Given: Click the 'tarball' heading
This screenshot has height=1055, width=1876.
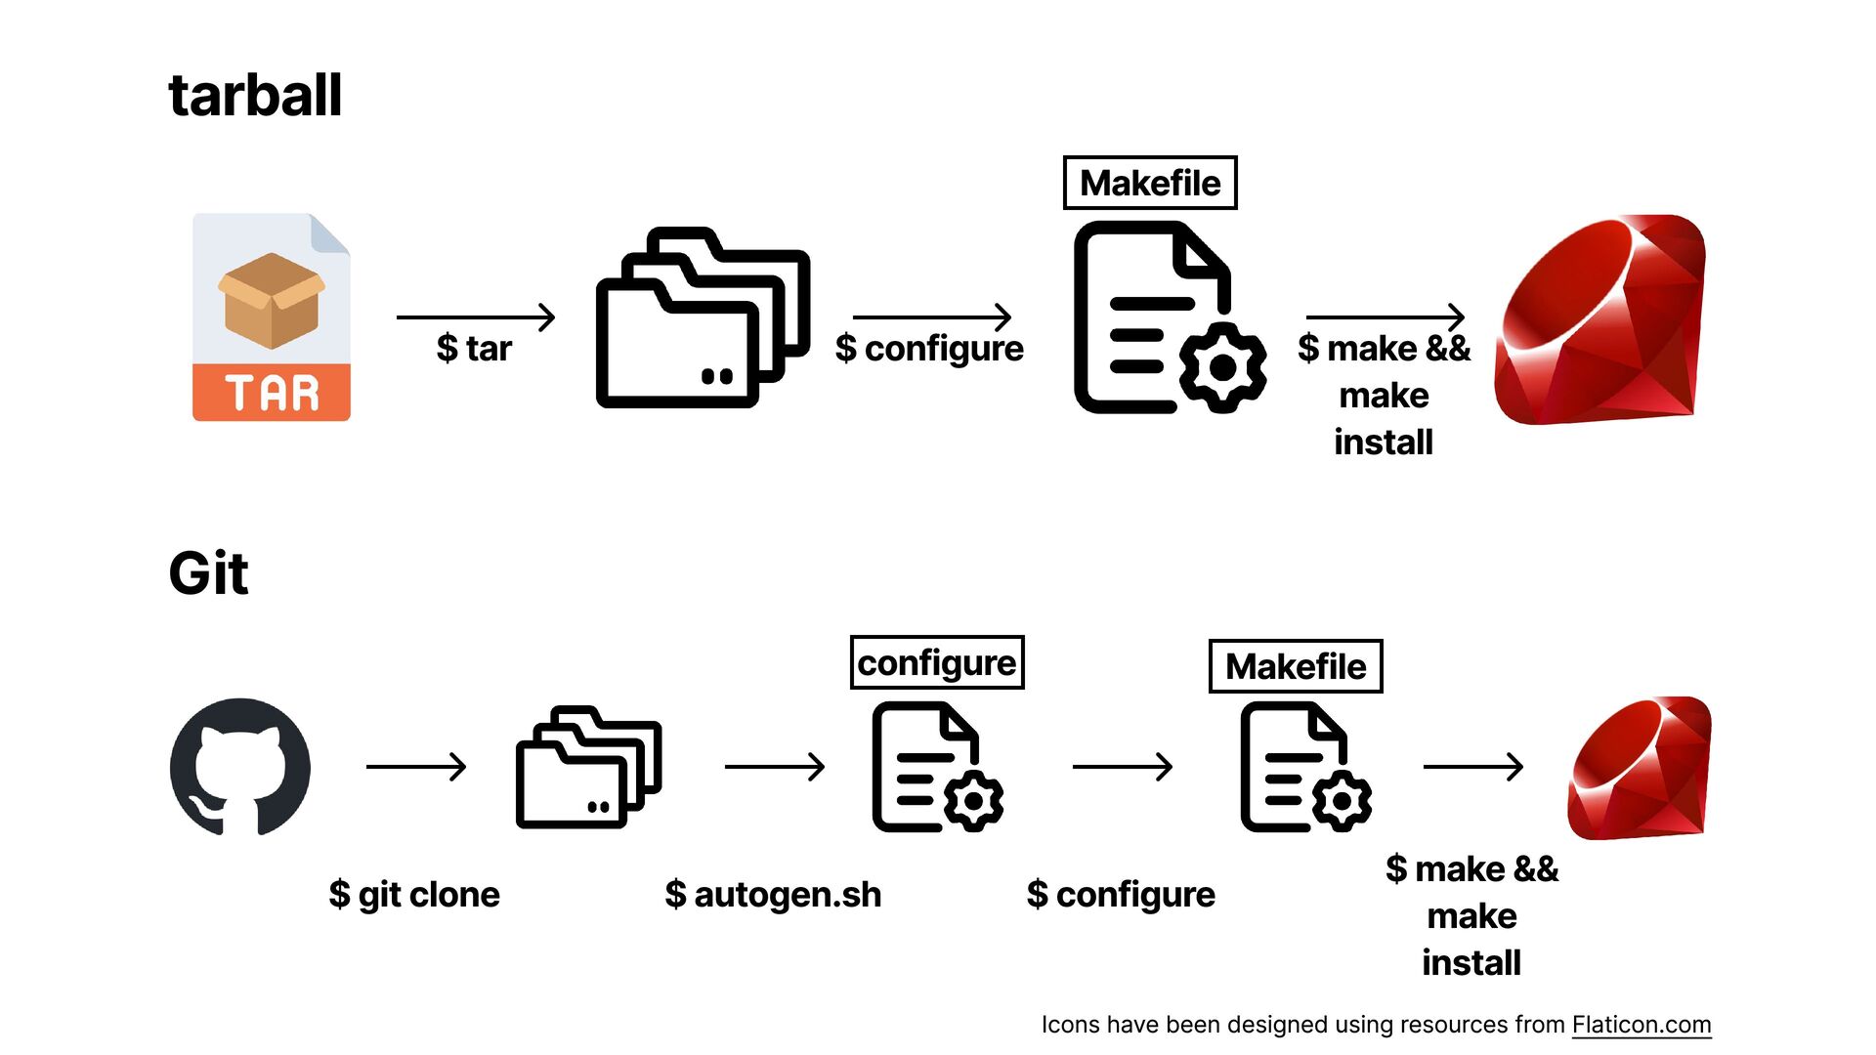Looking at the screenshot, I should point(255,96).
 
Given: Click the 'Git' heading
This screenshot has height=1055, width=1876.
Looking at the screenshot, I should point(208,572).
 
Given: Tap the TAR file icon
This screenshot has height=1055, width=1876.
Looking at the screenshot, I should point(272,317).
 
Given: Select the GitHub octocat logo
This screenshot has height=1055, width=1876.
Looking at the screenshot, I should point(240,767).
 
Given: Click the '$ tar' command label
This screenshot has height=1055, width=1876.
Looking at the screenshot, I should point(474,349).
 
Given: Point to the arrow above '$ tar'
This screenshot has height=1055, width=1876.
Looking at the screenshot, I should point(476,316).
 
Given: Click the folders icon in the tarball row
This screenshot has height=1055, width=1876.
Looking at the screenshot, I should point(703,317).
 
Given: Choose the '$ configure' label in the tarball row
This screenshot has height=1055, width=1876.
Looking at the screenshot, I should point(929,349).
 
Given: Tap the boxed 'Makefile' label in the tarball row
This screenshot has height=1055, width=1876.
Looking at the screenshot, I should point(1150,183).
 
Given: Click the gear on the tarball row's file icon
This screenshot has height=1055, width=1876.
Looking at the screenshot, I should point(1222,367).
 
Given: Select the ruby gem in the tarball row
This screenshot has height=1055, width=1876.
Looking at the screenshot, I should point(1600,319).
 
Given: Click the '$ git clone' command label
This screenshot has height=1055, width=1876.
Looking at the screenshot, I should point(414,895).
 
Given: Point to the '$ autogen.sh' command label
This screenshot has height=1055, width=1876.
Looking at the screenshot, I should point(773,895).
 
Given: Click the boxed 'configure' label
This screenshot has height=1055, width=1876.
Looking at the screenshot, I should point(937,663).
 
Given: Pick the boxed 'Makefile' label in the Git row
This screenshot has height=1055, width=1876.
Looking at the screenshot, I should point(1296,667).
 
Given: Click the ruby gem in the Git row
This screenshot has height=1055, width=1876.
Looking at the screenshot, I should point(1640,768).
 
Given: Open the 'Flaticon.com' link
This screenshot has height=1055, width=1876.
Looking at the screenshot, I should point(1641,1025).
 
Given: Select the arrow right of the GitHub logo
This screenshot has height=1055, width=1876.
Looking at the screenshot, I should point(416,767).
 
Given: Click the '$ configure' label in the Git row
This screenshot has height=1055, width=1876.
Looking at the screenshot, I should point(1121,895).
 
